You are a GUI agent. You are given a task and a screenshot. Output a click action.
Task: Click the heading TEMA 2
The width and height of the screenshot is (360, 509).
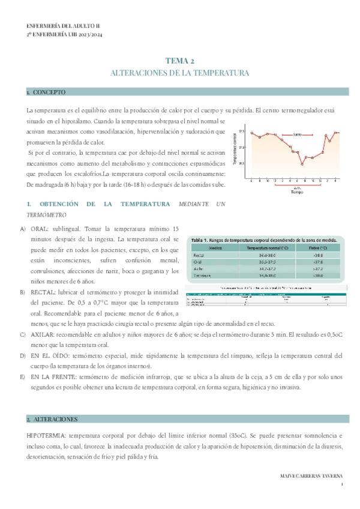pos(179,61)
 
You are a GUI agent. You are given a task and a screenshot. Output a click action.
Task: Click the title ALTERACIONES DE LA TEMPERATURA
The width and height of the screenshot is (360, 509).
pos(180,73)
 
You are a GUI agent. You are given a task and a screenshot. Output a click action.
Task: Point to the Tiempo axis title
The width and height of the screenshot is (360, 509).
pos(296,191)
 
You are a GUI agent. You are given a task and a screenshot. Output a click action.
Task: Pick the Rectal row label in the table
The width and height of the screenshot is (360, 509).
pos(199,256)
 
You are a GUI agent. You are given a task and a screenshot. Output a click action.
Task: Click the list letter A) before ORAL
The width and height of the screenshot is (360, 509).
pos(23,229)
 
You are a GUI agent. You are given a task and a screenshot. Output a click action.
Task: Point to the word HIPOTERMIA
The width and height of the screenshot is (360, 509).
pos(46,435)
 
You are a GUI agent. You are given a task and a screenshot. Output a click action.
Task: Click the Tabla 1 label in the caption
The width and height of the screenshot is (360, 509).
pos(200,239)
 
